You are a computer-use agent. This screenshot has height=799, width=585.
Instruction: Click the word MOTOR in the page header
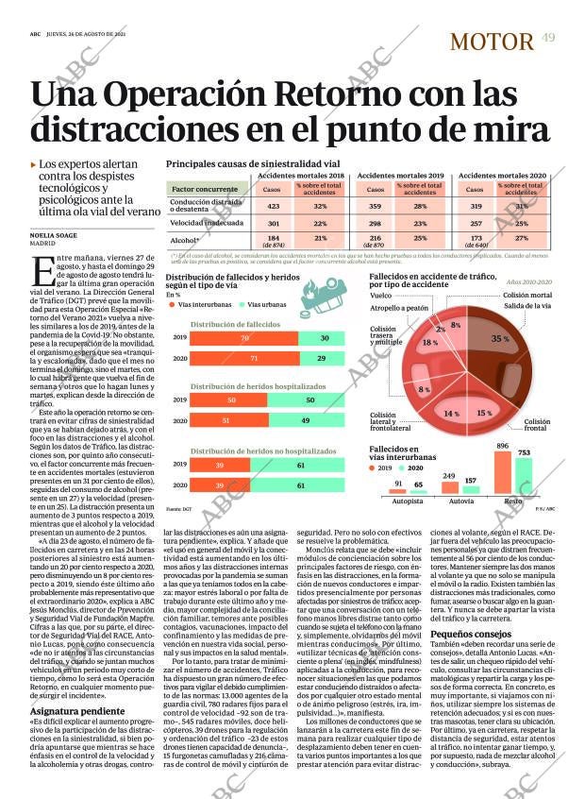pyautogui.click(x=492, y=41)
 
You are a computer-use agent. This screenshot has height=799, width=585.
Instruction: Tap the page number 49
pyautogui.click(x=548, y=37)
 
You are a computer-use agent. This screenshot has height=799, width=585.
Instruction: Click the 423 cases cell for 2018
pyautogui.click(x=273, y=206)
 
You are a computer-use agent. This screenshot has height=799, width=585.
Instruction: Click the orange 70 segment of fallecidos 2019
pyautogui.click(x=244, y=338)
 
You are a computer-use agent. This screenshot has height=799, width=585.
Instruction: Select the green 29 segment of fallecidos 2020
pyautogui.click(x=324, y=359)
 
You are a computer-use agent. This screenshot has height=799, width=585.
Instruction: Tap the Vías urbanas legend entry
pyautogui.click(x=267, y=306)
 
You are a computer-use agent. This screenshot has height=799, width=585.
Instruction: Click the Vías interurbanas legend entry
pyautogui.click(x=203, y=306)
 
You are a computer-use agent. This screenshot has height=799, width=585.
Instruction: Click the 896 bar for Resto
pyautogui.click(x=503, y=468)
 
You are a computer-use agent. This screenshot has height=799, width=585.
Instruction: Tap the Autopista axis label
pyautogui.click(x=407, y=501)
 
